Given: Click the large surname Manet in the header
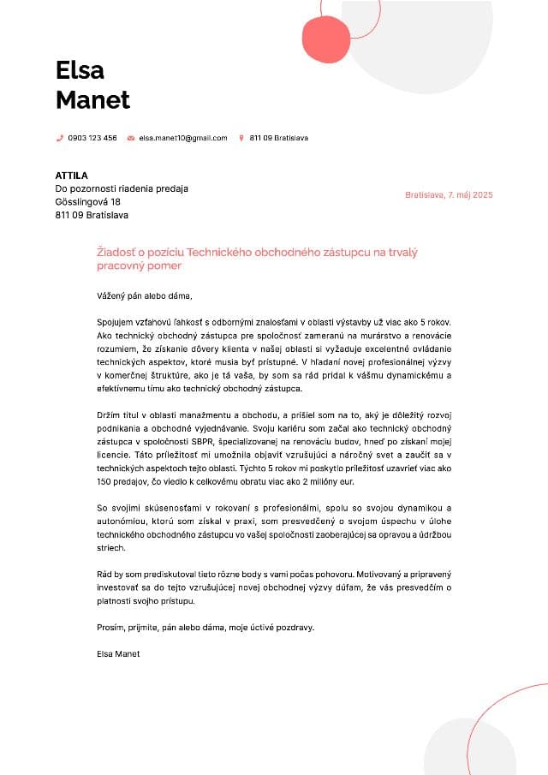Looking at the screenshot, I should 92,99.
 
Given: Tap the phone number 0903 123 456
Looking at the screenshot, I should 92,138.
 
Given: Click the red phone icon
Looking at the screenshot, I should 59,138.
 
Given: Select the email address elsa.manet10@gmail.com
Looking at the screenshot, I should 183,138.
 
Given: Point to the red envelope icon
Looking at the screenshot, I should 130,138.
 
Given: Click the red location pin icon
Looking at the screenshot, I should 241,138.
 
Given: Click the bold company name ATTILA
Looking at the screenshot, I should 71,176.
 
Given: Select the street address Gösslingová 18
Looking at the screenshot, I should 88,202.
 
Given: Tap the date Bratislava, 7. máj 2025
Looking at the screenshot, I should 449,195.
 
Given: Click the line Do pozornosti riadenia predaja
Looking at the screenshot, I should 122,188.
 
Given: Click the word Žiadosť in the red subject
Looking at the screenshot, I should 116,253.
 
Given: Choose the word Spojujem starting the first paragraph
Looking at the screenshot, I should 116,320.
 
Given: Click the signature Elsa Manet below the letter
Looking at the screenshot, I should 118,654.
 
